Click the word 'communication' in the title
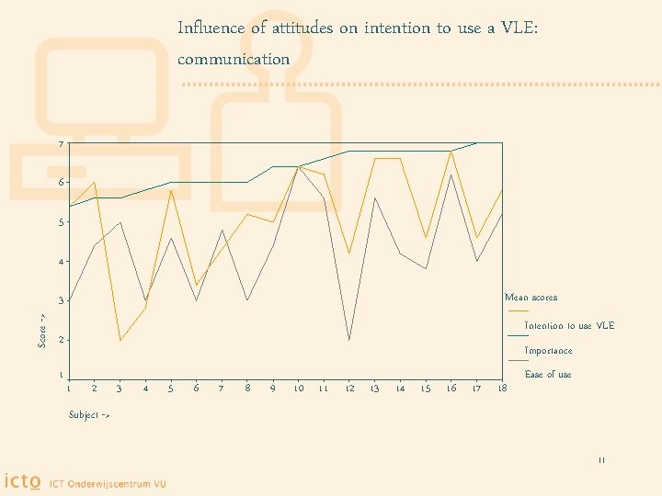(234, 60)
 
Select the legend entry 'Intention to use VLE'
(569, 326)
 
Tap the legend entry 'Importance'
(548, 351)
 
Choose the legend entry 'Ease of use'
(548, 375)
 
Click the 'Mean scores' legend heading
(531, 298)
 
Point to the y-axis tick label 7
(61, 144)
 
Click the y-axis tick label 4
(61, 262)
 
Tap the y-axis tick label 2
(61, 341)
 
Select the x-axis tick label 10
(299, 389)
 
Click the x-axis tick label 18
(501, 389)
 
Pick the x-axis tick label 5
(171, 389)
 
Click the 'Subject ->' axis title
(89, 415)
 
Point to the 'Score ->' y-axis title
(42, 330)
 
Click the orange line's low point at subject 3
(120, 341)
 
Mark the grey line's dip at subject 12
(349, 340)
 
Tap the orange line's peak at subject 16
(451, 152)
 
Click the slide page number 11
(601, 461)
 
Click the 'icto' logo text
(22, 480)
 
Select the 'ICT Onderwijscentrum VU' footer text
(108, 482)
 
